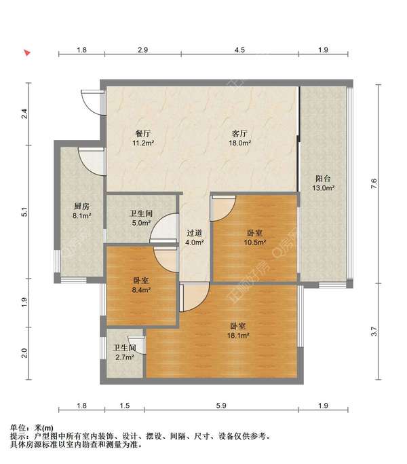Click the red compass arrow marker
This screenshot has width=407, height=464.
point(27,53)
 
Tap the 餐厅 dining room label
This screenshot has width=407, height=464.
point(142,133)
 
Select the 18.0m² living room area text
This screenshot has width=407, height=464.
point(239,143)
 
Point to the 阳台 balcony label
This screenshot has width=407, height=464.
point(323,179)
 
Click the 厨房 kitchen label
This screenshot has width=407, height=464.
point(81,207)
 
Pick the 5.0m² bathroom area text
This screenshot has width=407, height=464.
point(141,223)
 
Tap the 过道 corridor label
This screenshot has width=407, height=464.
point(194,233)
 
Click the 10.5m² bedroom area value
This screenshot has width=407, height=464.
point(255,243)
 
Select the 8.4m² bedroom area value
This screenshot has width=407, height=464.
point(141,290)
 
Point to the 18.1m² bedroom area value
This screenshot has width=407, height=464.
point(238,336)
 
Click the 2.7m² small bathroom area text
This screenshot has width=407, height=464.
point(125,357)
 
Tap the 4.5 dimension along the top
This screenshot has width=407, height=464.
point(239,50)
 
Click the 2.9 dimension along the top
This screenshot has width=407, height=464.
point(142,50)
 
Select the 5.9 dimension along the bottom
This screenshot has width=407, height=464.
point(221,406)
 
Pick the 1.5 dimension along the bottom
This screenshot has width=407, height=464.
point(125,406)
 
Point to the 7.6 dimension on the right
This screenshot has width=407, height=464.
point(374,183)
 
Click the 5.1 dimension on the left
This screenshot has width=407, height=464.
point(24,212)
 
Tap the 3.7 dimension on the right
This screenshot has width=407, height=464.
point(374,331)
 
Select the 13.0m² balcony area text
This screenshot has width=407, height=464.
point(324,188)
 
